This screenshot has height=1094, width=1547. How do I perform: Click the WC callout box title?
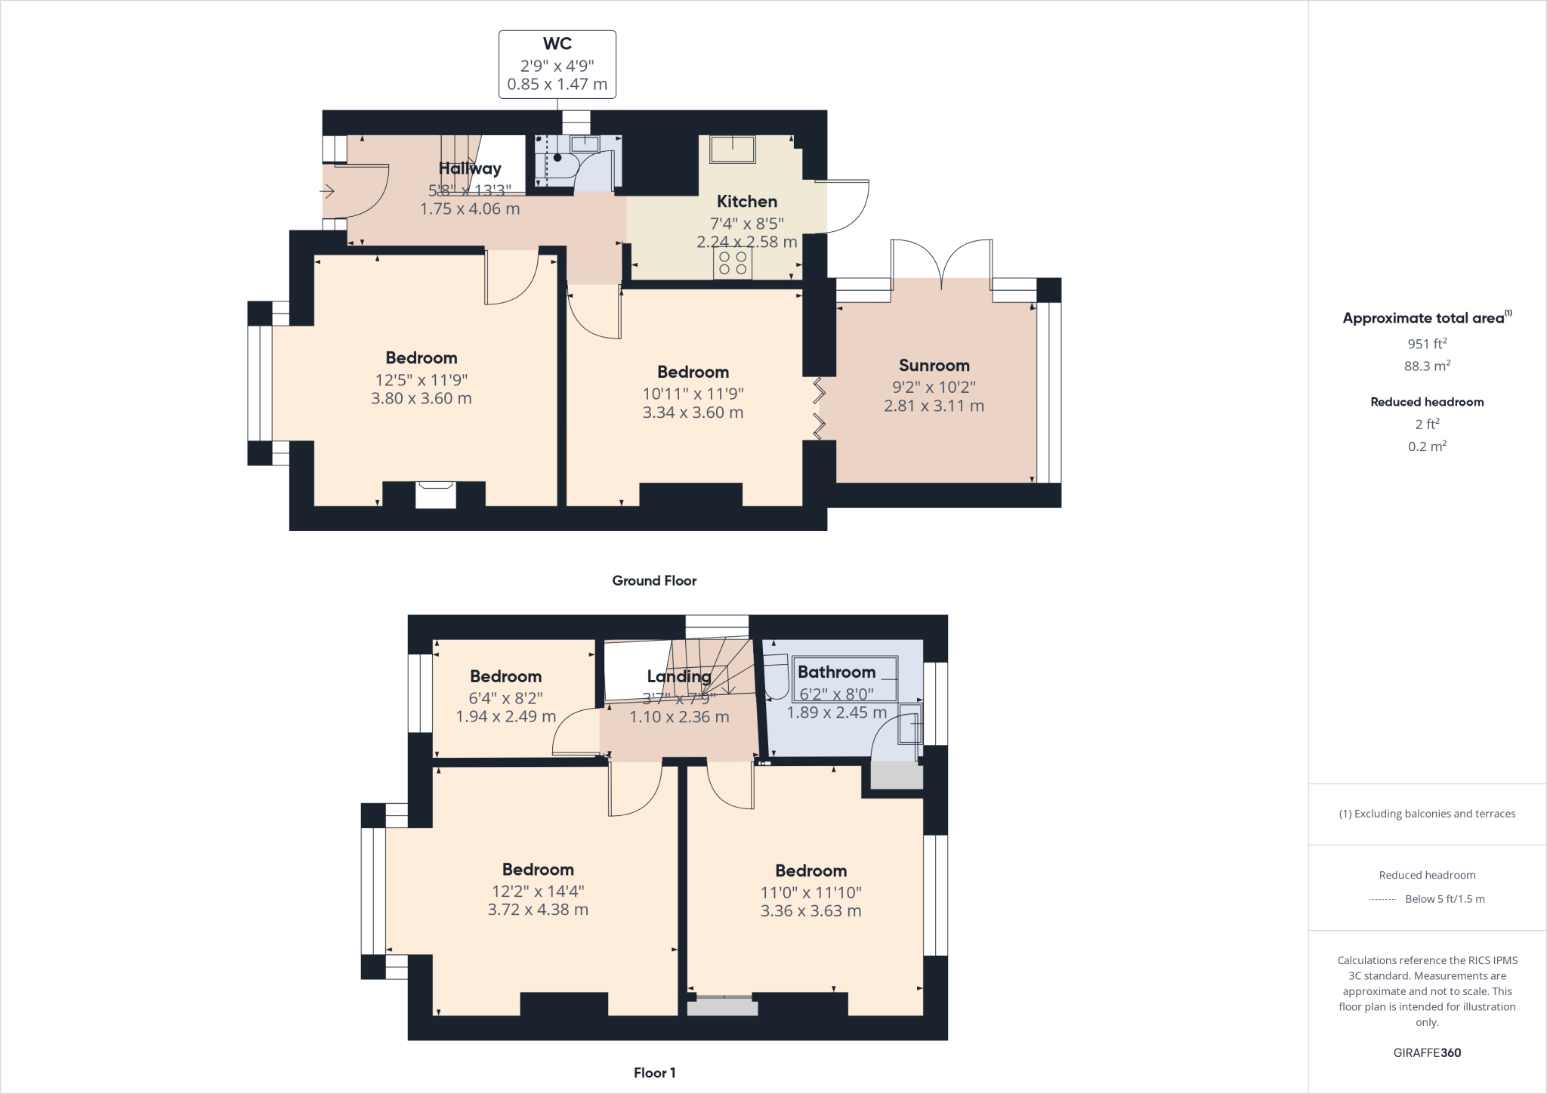pyautogui.click(x=557, y=45)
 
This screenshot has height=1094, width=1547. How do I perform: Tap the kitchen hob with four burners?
pyautogui.click(x=733, y=263)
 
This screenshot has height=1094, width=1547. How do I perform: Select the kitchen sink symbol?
pyautogui.click(x=732, y=149)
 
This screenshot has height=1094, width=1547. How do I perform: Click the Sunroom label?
pyautogui.click(x=934, y=366)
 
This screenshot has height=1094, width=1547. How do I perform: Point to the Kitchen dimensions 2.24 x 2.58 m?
pyautogui.click(x=746, y=243)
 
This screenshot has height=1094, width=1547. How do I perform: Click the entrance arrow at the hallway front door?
pyautogui.click(x=327, y=192)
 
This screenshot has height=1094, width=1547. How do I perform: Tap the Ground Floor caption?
pyautogui.click(x=654, y=581)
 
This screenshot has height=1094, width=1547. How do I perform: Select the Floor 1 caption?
pyautogui.click(x=654, y=1073)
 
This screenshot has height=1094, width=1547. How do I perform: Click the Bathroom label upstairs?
pyautogui.click(x=836, y=672)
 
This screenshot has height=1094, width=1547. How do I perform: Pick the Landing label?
pyautogui.click(x=678, y=677)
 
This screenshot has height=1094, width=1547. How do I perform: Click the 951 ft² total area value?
pyautogui.click(x=1427, y=344)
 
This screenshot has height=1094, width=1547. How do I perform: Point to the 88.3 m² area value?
pyautogui.click(x=1427, y=366)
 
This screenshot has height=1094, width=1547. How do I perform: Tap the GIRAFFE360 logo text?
pyautogui.click(x=1427, y=1052)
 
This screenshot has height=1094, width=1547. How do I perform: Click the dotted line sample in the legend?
pyautogui.click(x=1382, y=900)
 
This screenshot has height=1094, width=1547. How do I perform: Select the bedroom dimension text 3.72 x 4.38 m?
pyautogui.click(x=538, y=910)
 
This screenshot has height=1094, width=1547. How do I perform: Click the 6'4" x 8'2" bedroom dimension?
pyautogui.click(x=505, y=698)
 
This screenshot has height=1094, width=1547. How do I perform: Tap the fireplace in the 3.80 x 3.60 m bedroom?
pyautogui.click(x=435, y=495)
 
